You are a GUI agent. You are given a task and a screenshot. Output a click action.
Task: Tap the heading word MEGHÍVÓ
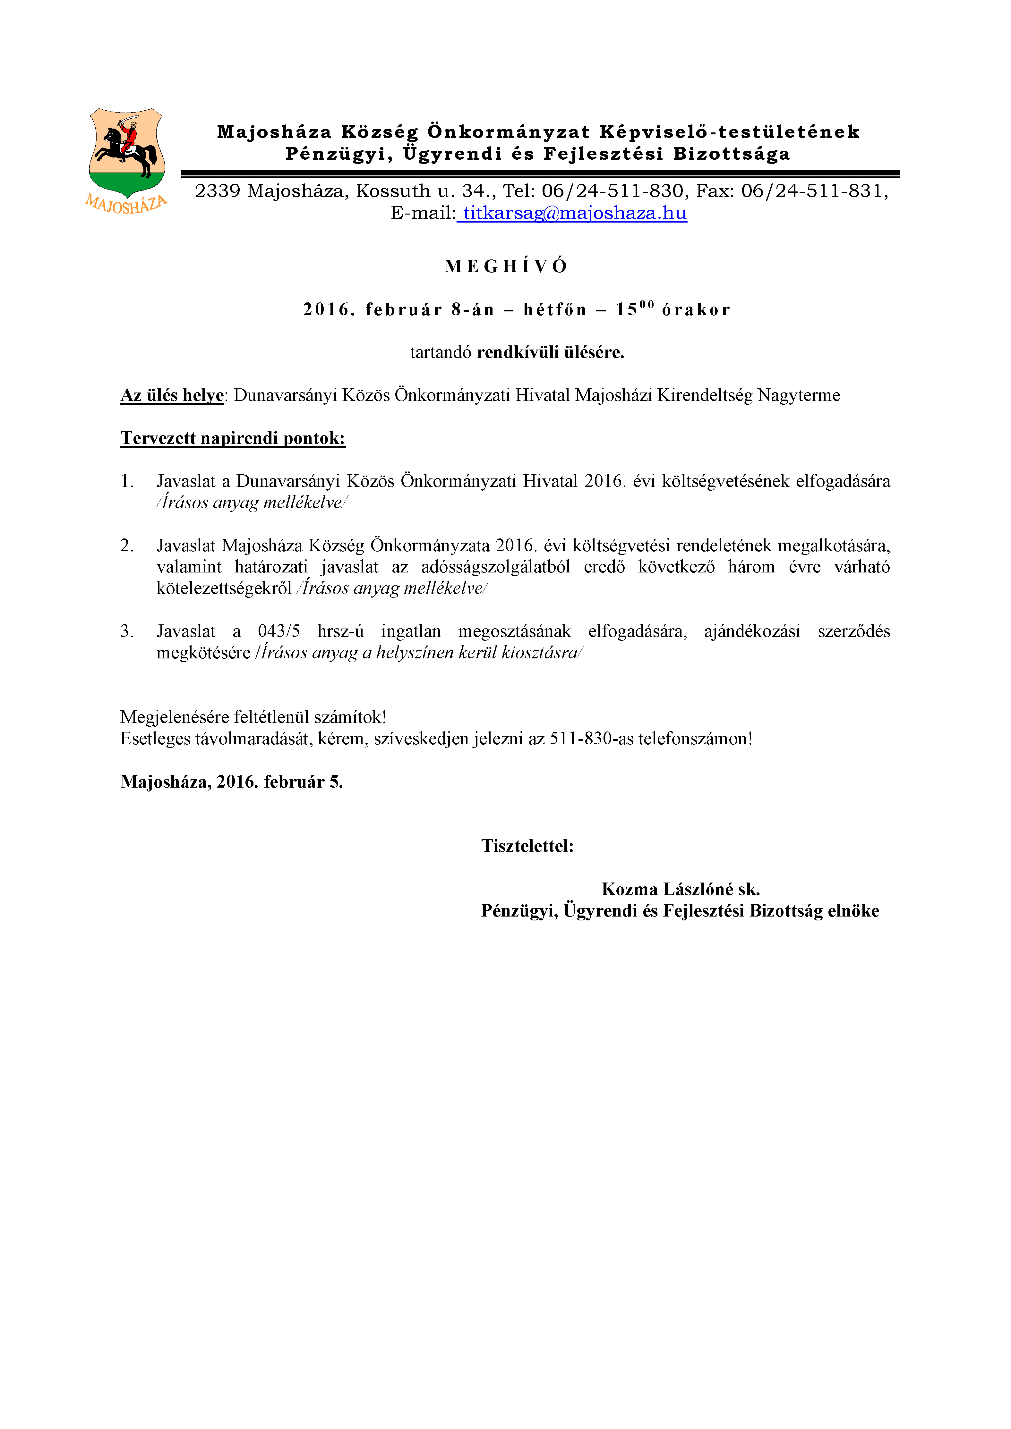point(506,266)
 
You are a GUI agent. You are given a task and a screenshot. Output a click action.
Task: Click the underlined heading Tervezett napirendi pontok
point(233,438)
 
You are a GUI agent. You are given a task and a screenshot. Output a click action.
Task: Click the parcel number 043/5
point(278,631)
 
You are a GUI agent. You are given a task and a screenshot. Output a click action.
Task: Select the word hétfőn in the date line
point(555,310)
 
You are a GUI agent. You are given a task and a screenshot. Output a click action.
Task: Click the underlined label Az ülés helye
point(172,395)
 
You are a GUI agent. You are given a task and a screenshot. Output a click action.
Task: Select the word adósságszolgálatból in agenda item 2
point(495,567)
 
